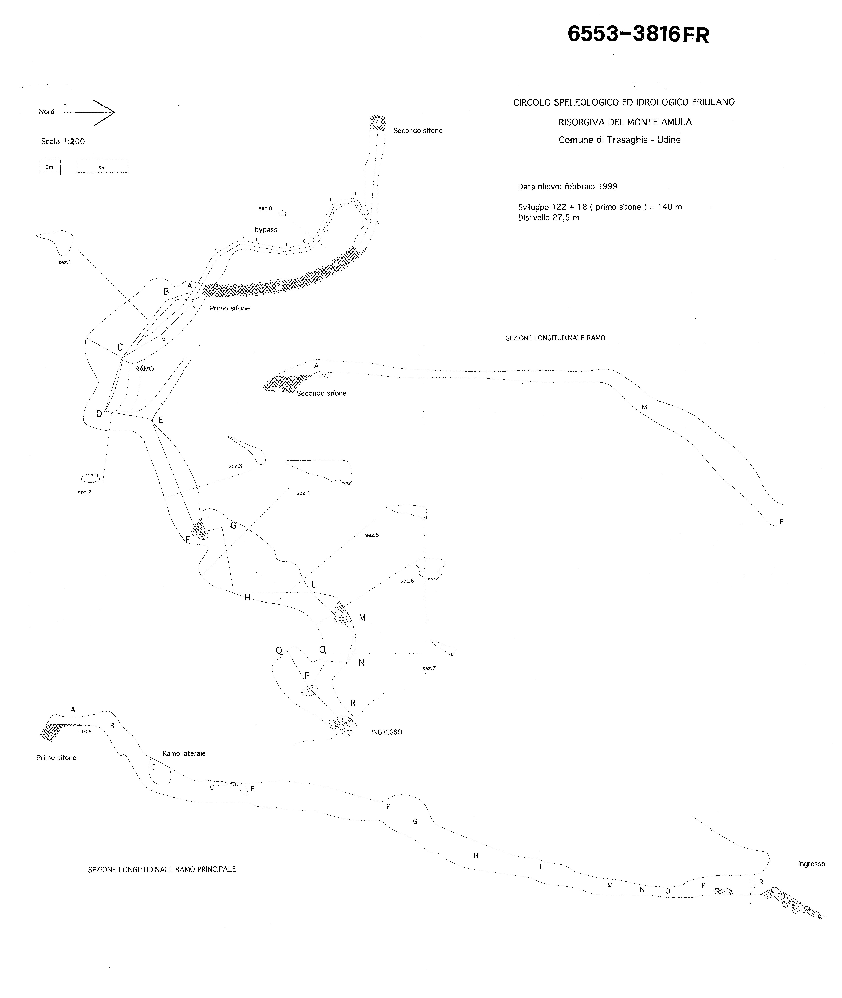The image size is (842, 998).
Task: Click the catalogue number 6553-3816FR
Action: click(x=638, y=34)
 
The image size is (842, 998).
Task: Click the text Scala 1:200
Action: click(x=63, y=141)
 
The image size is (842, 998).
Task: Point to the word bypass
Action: click(x=266, y=229)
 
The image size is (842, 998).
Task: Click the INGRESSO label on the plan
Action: click(x=387, y=732)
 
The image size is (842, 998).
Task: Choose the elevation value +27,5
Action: click(x=324, y=375)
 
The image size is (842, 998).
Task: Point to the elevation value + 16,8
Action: click(x=84, y=731)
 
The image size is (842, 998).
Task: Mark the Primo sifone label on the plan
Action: click(x=230, y=308)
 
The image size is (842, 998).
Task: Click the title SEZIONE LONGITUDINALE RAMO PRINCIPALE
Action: click(x=162, y=869)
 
